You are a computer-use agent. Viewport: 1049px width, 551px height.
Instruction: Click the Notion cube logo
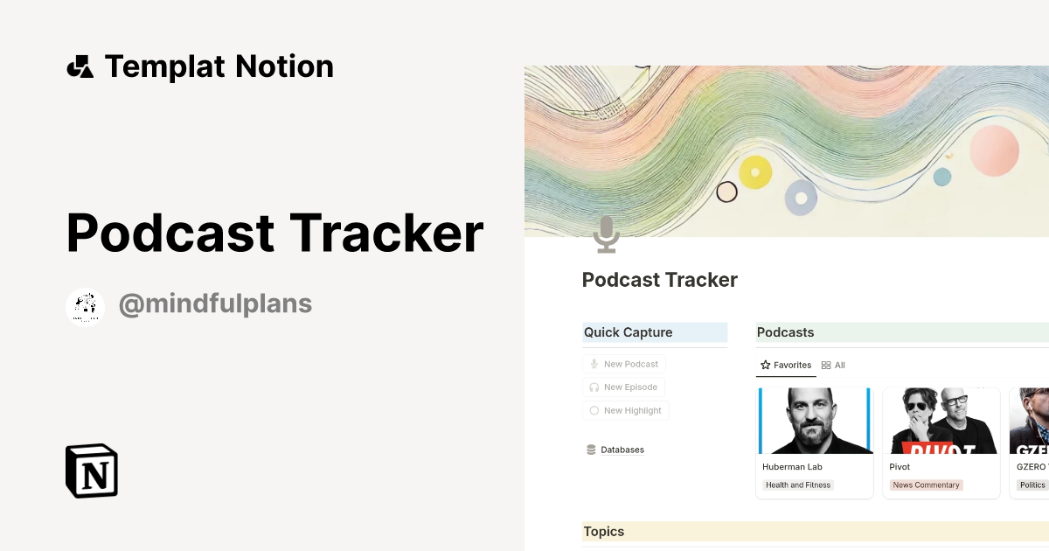coord(92,471)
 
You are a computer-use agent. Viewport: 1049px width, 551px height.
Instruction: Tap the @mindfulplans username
coord(215,304)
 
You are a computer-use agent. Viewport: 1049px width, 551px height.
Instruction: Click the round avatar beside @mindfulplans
coord(86,307)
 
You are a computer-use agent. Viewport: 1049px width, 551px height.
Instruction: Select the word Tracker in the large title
coord(386,234)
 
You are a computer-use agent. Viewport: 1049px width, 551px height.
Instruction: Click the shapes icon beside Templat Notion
coord(80,66)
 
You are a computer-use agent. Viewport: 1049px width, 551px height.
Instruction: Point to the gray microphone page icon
coord(606,234)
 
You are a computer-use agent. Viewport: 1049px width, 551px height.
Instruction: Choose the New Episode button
coord(624,387)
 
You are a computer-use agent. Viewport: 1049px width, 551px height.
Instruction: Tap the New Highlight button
coord(626,411)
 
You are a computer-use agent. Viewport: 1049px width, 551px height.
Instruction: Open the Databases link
coord(622,450)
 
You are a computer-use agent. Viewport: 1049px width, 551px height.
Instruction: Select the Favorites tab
coord(786,366)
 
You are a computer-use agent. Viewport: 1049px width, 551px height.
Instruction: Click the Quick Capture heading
coord(628,332)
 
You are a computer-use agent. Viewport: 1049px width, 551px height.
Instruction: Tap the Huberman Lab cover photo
coord(815,421)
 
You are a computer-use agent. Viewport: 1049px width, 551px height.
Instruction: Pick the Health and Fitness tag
coord(797,485)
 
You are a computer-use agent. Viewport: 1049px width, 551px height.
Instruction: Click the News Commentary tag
coord(926,485)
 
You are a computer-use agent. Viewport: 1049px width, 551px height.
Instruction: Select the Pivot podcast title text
coord(900,467)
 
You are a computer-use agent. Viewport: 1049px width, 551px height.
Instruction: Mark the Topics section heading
coord(604,532)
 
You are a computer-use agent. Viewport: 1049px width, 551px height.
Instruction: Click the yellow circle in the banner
coord(755,172)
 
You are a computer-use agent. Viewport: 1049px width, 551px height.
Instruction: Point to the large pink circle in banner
coord(995,150)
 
